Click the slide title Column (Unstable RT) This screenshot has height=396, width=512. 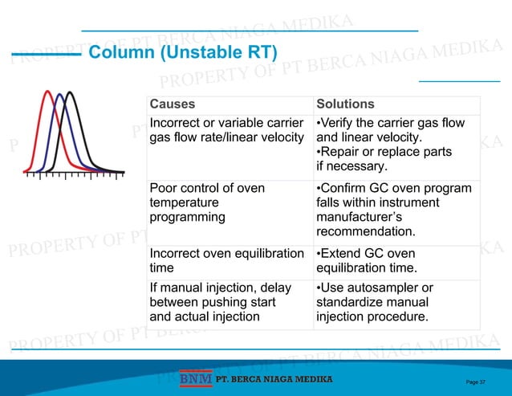(182, 54)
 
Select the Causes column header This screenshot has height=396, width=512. (173, 104)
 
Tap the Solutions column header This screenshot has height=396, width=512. (345, 104)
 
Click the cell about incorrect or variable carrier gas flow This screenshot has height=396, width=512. (227, 130)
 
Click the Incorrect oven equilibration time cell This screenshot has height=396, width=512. (227, 260)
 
